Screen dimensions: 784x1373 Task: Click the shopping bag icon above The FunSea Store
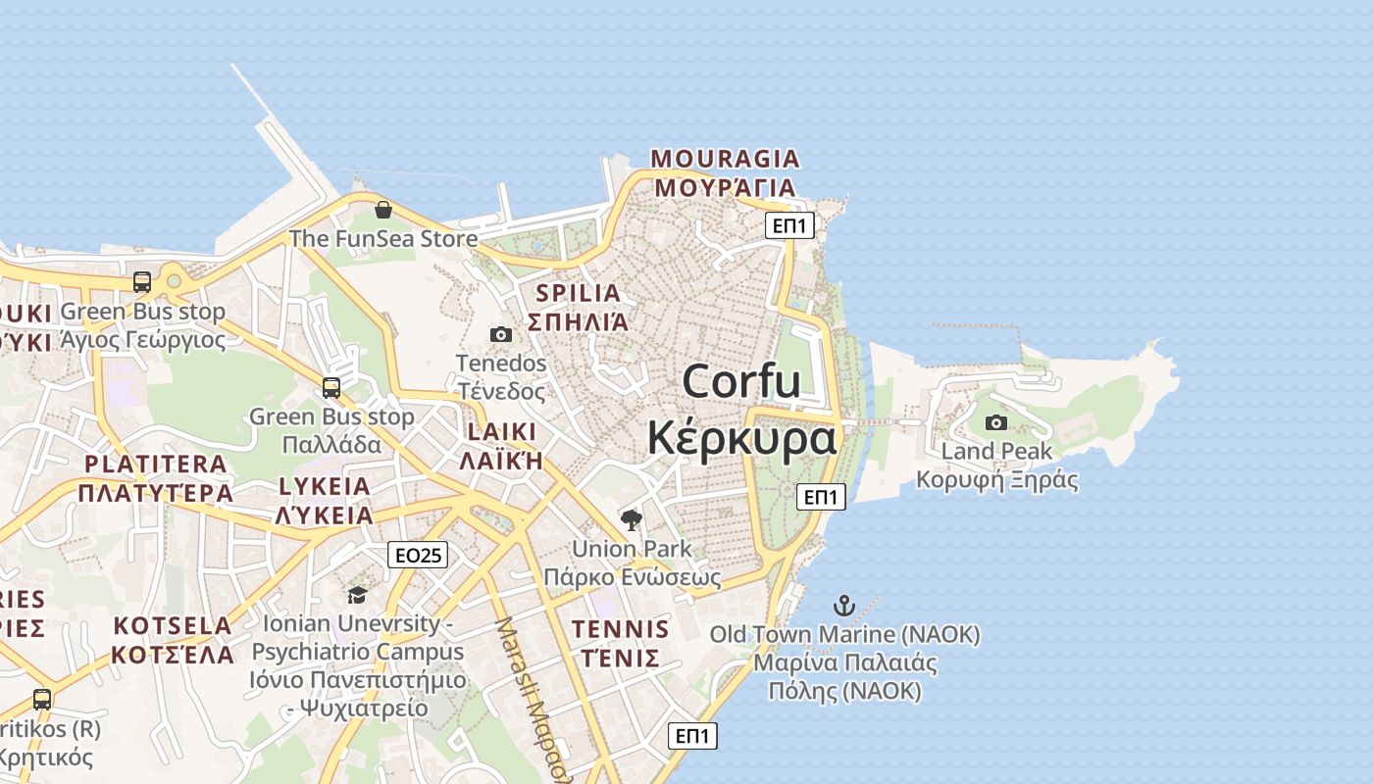click(383, 210)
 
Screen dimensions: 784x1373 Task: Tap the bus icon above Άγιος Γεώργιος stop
click(142, 282)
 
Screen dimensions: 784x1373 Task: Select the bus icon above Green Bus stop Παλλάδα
click(331, 387)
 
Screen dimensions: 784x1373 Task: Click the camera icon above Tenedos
click(501, 334)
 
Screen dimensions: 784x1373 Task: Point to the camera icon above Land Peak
click(996, 422)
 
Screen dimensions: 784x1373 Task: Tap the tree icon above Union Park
click(632, 519)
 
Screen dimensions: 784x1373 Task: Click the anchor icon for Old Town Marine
click(844, 605)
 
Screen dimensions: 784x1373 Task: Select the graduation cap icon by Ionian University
click(357, 595)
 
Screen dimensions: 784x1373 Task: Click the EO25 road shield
click(418, 556)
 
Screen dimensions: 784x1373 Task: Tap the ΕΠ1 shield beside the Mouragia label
click(789, 226)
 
